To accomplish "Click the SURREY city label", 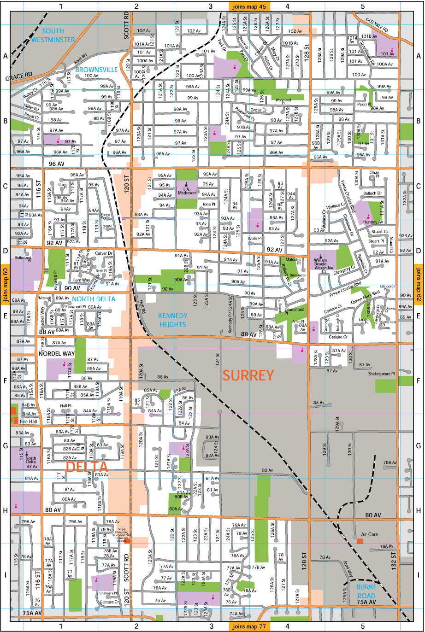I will (x=248, y=375).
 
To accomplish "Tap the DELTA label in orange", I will (x=87, y=467).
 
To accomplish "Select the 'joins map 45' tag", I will (x=249, y=6).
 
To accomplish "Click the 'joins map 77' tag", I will (x=249, y=626).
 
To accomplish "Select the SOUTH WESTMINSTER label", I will (x=53, y=35).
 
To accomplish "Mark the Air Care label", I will (x=369, y=534).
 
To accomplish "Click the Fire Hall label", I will (x=29, y=421).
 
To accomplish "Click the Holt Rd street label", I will (x=142, y=306).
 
